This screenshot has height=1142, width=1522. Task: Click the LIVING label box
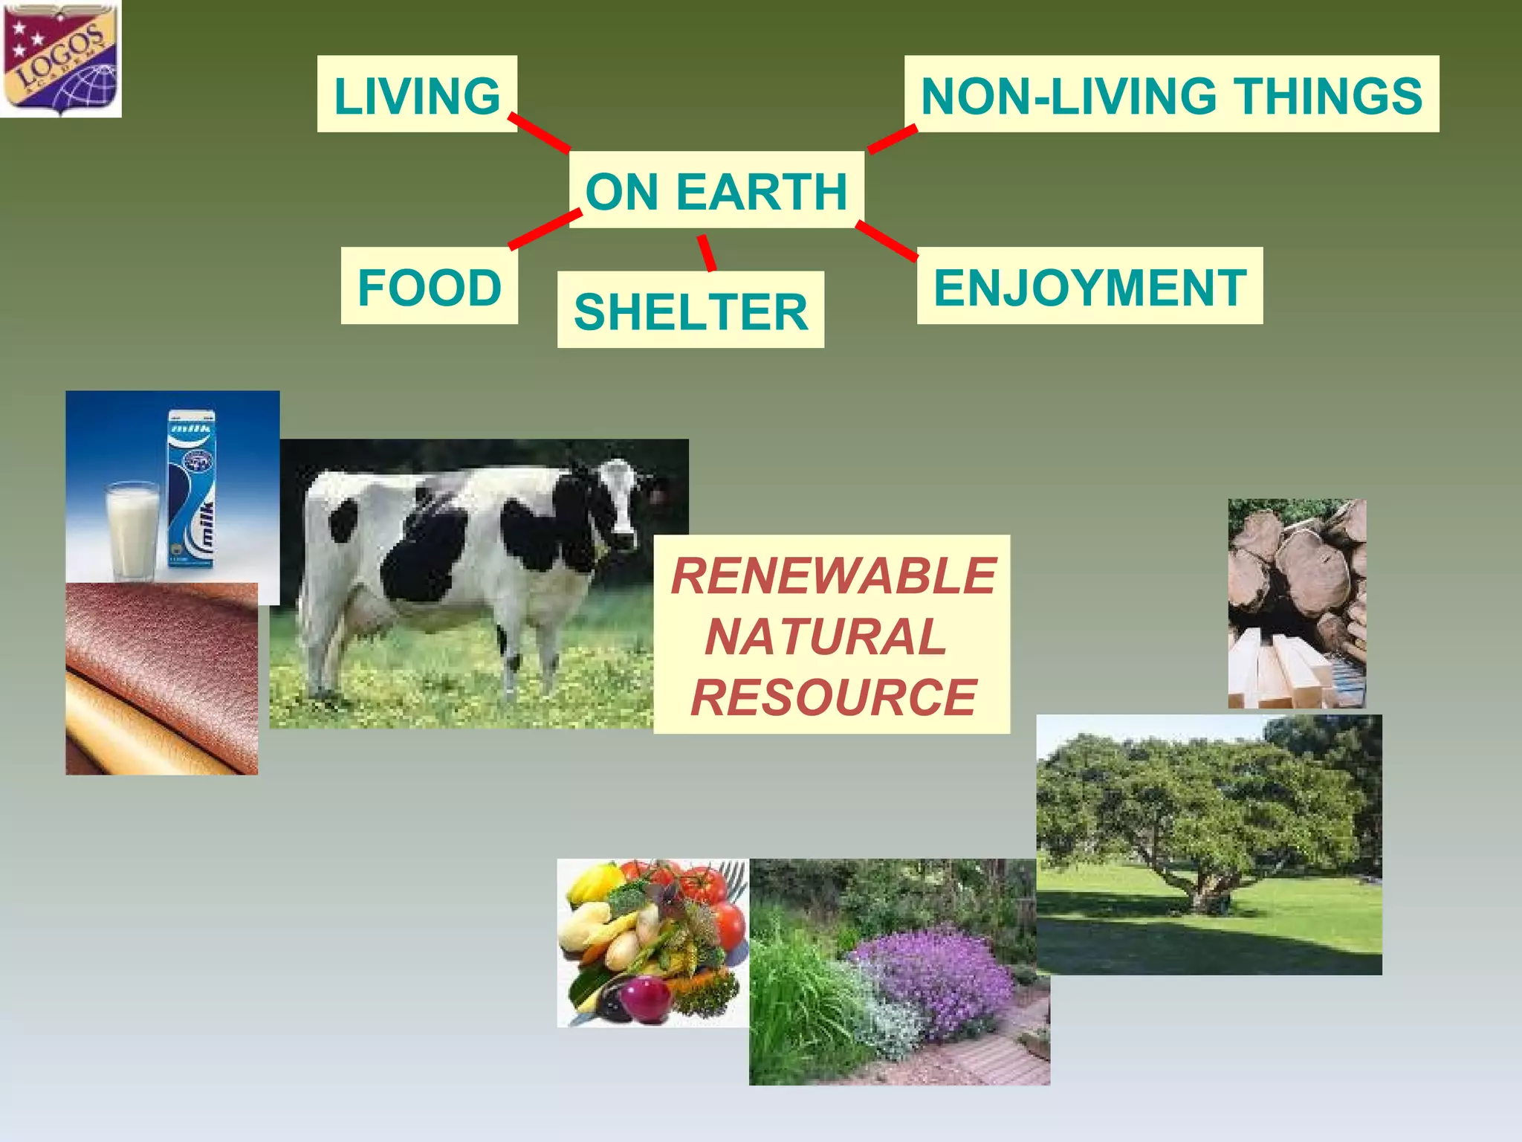pyautogui.click(x=417, y=94)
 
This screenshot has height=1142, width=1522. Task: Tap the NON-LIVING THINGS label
pyautogui.click(x=1171, y=94)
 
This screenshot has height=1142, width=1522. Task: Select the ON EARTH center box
pyautogui.click(x=716, y=190)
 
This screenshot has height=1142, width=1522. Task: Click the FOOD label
pyautogui.click(x=429, y=286)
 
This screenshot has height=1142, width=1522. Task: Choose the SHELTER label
pyautogui.click(x=690, y=310)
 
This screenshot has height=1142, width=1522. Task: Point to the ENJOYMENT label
pyautogui.click(x=1089, y=286)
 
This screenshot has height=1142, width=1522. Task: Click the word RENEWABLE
pyautogui.click(x=833, y=575)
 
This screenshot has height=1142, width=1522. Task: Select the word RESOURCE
pyautogui.click(x=833, y=697)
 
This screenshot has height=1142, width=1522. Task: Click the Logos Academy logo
pyautogui.click(x=60, y=59)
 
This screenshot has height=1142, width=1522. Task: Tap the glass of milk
pyautogui.click(x=132, y=529)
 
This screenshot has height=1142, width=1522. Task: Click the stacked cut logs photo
pyautogui.click(x=1297, y=603)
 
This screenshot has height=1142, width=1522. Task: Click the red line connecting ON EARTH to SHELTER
pyautogui.click(x=706, y=253)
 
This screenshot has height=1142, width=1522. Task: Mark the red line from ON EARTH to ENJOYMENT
pyautogui.click(x=887, y=241)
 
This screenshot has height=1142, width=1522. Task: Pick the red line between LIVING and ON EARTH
pyautogui.click(x=540, y=133)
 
